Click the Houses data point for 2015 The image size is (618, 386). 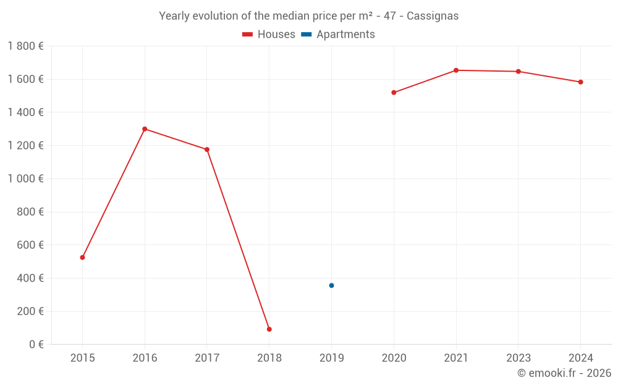coord(82,258)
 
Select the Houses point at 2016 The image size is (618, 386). coord(145,129)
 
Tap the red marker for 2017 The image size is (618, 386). coord(207,149)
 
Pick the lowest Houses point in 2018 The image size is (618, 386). coord(269,329)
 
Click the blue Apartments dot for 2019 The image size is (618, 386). coord(331,285)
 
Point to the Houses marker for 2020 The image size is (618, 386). coord(394,93)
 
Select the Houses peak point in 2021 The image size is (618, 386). coord(456,70)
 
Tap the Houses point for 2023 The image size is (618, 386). coord(519,72)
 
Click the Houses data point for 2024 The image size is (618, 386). coord(581,82)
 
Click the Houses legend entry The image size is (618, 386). coord(269,35)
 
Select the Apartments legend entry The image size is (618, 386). coord(338,35)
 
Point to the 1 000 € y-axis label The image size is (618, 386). coord(25,178)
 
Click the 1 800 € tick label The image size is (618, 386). coord(25,46)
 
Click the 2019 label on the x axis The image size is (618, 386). coord(331,358)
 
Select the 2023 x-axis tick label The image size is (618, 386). coord(519,358)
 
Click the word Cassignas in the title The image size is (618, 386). coord(433,16)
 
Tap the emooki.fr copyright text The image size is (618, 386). coord(564,373)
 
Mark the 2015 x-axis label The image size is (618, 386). coord(82,358)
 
